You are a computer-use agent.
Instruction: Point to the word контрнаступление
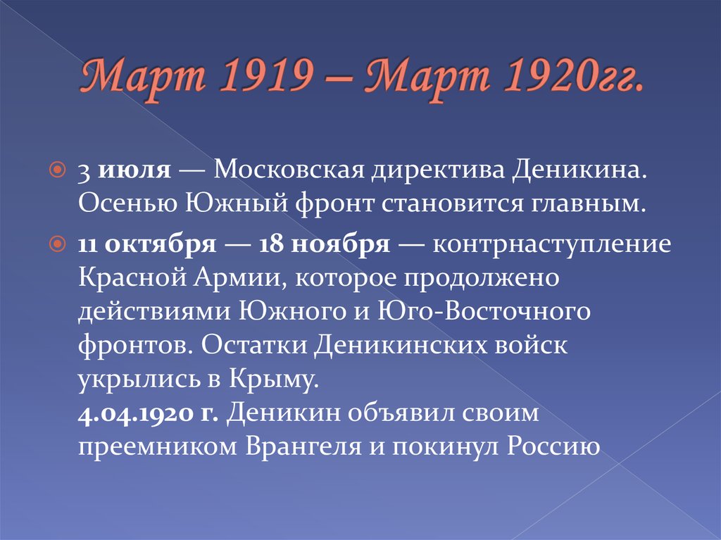(552, 245)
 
